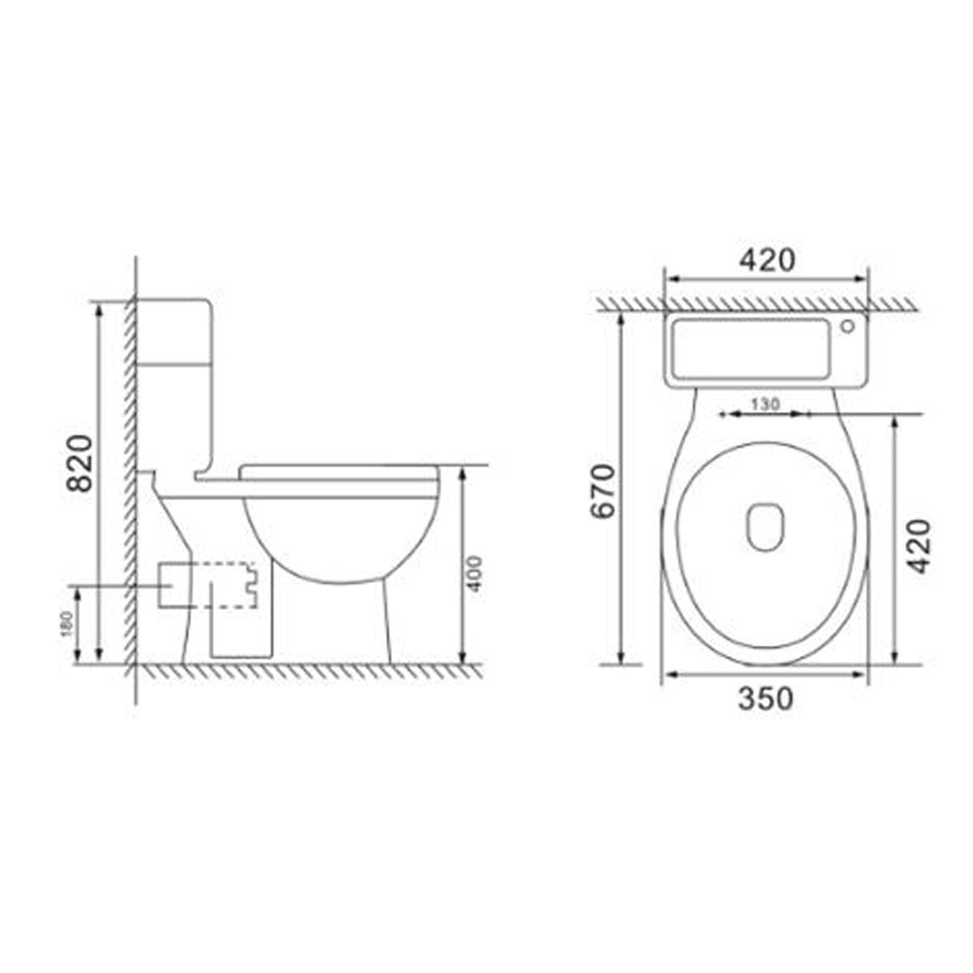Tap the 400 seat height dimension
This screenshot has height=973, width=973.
475,573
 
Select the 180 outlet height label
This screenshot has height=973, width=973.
68,623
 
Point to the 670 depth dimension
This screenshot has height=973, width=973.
603,491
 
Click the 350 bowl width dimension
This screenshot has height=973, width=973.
765,698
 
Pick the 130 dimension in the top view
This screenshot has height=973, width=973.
765,402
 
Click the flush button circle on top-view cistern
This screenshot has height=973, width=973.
847,328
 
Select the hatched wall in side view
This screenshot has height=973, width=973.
129,486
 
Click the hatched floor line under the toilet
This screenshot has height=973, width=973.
308,670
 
